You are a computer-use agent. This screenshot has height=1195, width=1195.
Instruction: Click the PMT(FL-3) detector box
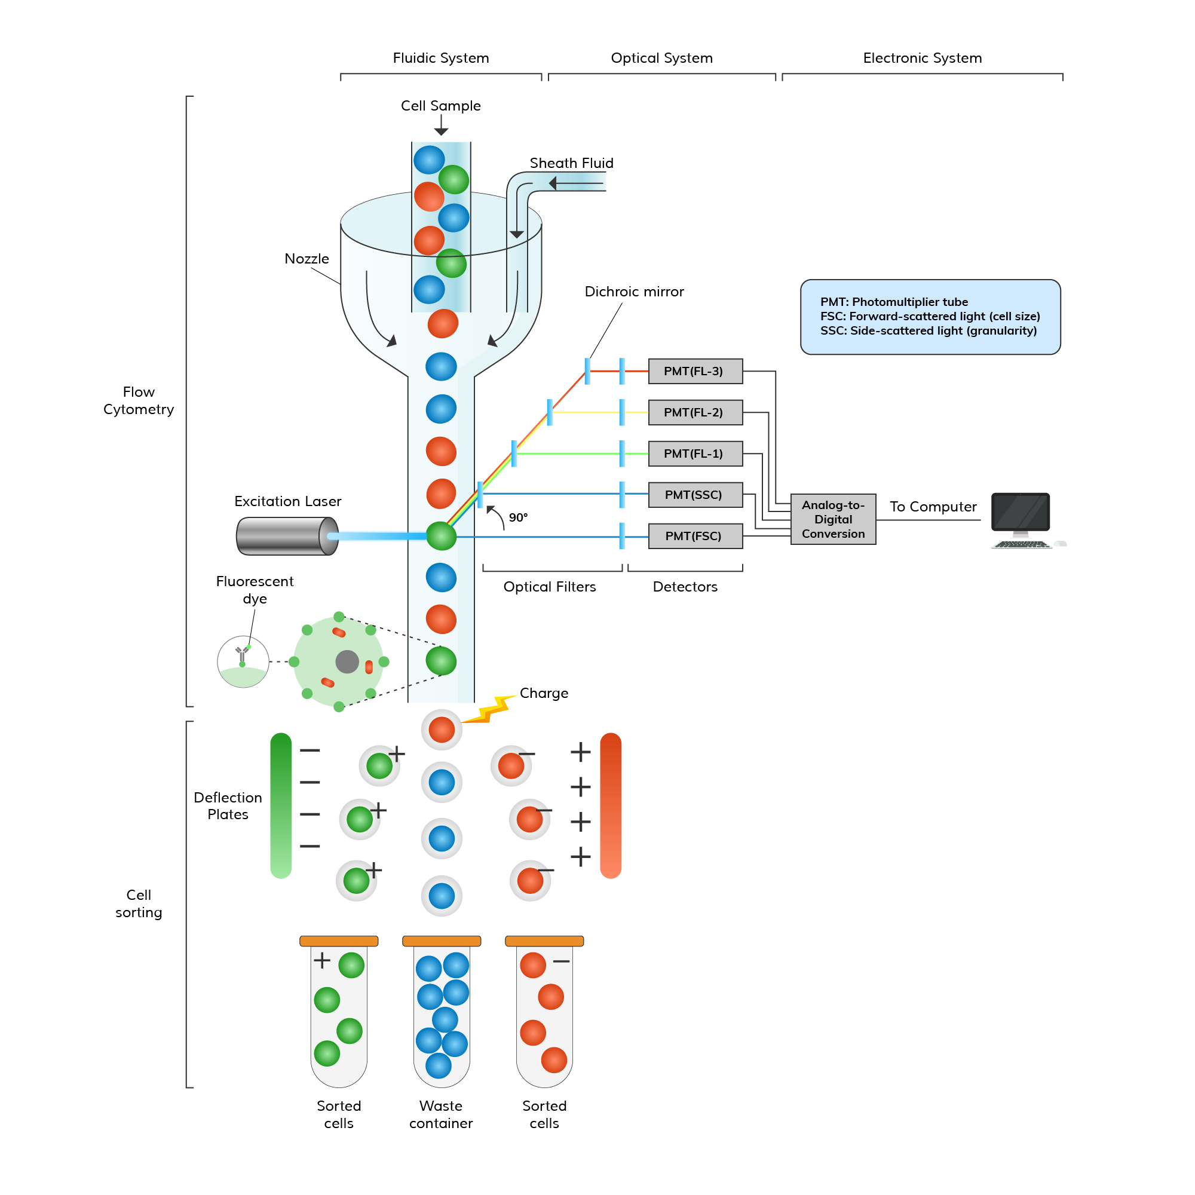point(695,371)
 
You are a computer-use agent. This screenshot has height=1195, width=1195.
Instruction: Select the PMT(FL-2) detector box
point(695,412)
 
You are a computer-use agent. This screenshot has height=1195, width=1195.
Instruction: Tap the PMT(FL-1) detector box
point(695,454)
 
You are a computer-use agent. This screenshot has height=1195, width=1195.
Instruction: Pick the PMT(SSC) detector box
point(695,495)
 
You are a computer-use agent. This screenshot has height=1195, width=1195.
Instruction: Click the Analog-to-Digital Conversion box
point(833,520)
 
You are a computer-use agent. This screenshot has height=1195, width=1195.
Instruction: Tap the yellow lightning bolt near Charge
point(489,710)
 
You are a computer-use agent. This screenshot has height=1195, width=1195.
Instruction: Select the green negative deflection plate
point(281,805)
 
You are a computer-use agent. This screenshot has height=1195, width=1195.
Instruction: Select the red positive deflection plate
point(611,805)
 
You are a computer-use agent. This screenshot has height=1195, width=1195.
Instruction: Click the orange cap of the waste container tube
point(442,941)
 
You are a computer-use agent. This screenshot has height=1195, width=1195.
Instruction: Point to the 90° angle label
point(518,517)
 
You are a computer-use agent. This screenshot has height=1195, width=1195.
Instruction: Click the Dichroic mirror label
point(634,292)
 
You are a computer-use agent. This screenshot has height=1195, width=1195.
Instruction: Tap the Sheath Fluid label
point(572,163)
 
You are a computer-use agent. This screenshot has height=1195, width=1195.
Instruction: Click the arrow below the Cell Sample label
point(441,126)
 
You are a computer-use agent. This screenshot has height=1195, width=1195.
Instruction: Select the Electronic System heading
point(922,58)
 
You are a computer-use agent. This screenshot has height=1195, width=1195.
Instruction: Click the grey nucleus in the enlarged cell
point(347,662)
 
